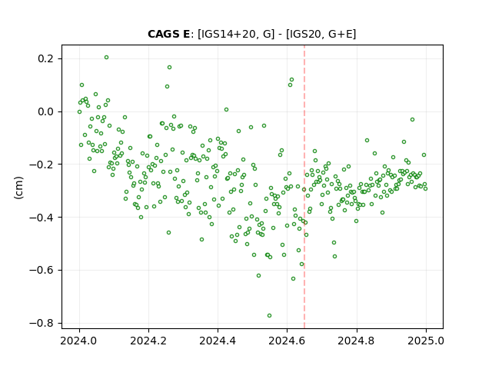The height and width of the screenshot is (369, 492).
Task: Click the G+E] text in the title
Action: [342, 34]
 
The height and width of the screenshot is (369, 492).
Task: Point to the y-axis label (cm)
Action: [18, 188]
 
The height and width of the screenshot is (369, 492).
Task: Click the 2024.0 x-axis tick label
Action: [79, 341]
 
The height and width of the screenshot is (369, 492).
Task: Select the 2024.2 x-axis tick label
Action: [148, 341]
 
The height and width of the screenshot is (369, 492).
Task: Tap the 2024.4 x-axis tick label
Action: [218, 341]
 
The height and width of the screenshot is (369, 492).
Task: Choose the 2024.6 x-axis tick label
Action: [287, 341]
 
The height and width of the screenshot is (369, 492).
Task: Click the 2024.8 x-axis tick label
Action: [357, 341]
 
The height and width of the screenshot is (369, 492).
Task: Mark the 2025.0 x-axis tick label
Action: [426, 341]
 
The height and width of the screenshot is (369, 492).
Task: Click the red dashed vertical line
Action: [304, 187]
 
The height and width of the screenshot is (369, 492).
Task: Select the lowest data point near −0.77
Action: [269, 316]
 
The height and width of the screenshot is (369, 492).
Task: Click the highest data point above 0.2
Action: [106, 58]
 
